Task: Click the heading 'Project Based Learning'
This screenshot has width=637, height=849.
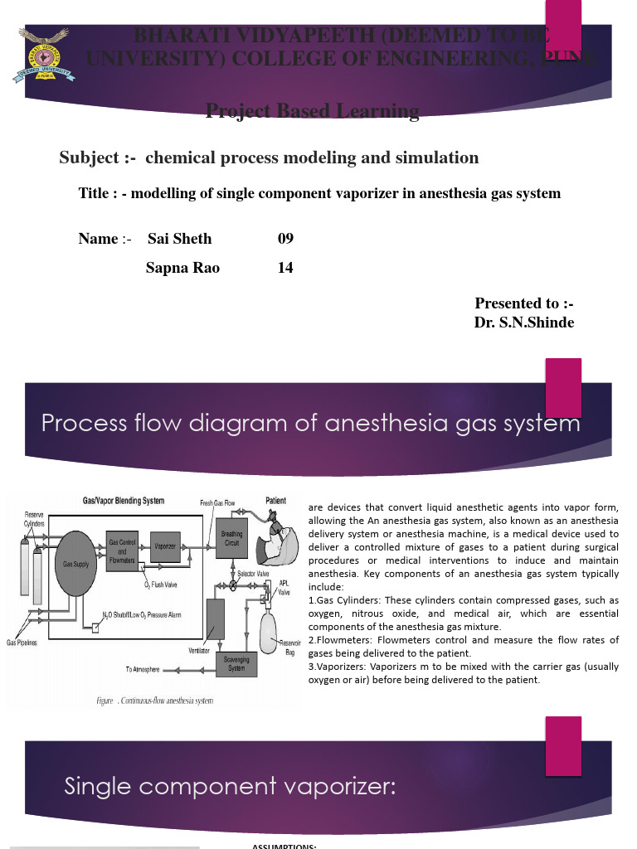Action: pyautogui.click(x=312, y=111)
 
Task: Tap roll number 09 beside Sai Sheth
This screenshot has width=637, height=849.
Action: pyautogui.click(x=285, y=239)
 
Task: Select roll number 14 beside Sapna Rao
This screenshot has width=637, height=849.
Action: pyautogui.click(x=285, y=268)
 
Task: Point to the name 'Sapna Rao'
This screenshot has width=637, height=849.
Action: pyautogui.click(x=182, y=268)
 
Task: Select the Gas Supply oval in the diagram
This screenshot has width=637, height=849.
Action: pyautogui.click(x=76, y=564)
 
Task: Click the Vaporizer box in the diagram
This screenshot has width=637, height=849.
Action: pyautogui.click(x=164, y=546)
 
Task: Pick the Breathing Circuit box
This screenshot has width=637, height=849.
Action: pyautogui.click(x=232, y=538)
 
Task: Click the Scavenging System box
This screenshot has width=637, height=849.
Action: pyautogui.click(x=236, y=663)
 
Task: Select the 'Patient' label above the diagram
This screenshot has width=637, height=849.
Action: pyautogui.click(x=276, y=501)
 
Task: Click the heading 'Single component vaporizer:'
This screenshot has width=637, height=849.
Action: pyautogui.click(x=230, y=787)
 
